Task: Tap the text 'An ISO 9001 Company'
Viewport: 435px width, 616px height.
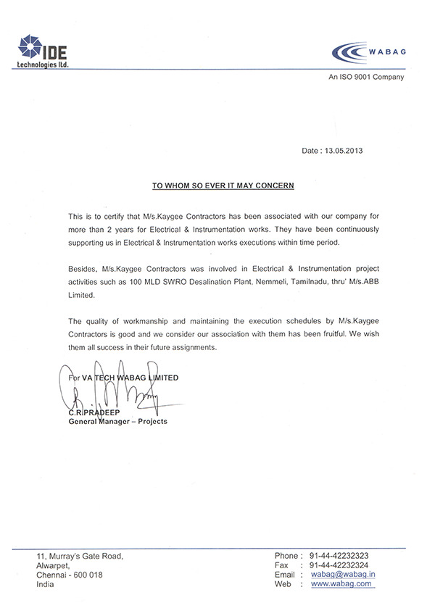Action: pos(365,78)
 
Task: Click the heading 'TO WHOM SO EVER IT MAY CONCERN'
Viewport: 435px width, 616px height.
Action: pos(223,186)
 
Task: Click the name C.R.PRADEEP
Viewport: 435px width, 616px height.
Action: pos(91,412)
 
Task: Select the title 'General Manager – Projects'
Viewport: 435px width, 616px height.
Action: pos(117,421)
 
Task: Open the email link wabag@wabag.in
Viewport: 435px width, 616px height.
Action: pos(342,575)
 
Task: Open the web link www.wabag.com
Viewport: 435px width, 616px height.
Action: pos(341,583)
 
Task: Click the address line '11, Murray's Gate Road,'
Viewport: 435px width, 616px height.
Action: pos(80,556)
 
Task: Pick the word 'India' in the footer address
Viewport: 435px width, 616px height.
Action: pos(46,583)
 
